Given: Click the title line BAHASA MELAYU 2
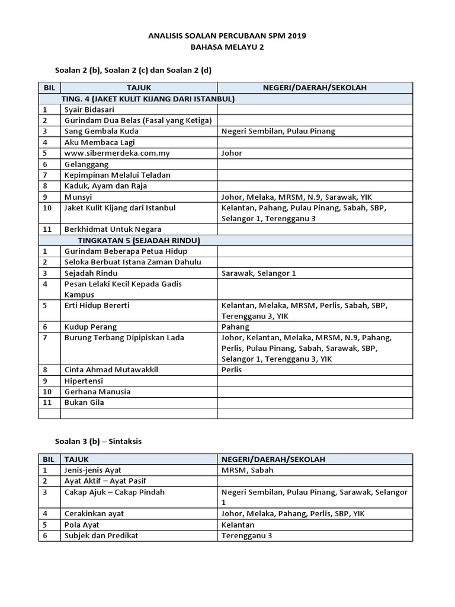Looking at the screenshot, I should tap(227, 47).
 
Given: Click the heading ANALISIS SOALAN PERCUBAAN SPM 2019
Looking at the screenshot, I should tap(227, 36).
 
